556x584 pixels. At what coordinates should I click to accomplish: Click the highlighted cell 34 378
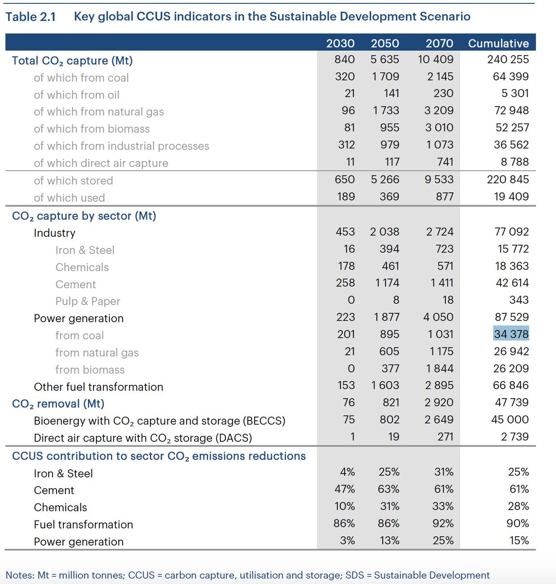(511, 334)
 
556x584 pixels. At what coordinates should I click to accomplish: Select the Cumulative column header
(498, 43)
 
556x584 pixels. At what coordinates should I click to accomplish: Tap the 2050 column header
(385, 43)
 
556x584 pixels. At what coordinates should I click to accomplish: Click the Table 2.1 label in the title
(30, 17)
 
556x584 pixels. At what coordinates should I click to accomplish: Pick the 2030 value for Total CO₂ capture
(345, 59)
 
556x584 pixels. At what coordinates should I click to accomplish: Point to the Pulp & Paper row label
(88, 301)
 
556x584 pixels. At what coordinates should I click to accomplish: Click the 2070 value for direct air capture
(445, 162)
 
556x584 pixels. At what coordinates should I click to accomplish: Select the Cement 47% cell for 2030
(345, 489)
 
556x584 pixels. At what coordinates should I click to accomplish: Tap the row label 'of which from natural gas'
(99, 112)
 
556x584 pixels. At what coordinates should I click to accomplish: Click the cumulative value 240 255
(508, 59)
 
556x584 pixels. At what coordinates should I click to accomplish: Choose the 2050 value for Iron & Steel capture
(389, 249)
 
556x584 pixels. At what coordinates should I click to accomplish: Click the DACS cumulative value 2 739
(515, 437)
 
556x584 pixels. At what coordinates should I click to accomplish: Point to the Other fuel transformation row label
(98, 387)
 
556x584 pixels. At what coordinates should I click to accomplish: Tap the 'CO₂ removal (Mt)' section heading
(58, 404)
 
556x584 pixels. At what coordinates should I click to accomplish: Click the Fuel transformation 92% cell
(443, 524)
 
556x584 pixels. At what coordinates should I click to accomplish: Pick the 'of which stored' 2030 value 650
(345, 180)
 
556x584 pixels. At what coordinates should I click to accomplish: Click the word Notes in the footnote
(19, 575)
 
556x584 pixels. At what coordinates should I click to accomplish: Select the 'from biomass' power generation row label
(90, 370)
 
